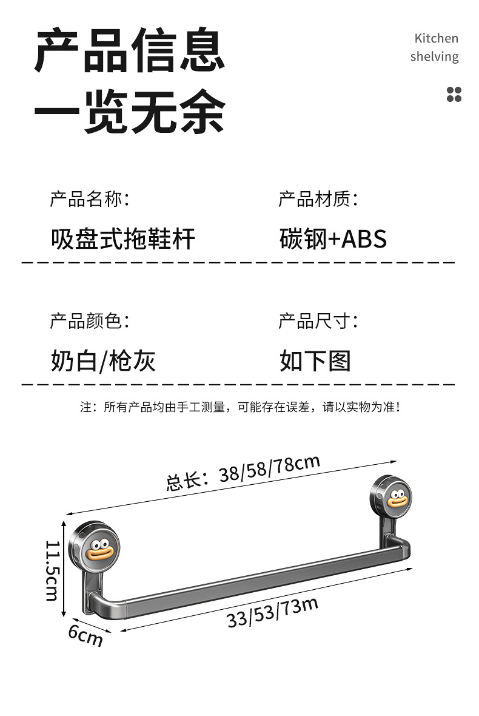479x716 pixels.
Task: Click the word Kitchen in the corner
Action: pyautogui.click(x=436, y=38)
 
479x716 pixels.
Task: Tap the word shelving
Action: pyautogui.click(x=434, y=56)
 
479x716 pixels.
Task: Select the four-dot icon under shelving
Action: pyautogui.click(x=454, y=94)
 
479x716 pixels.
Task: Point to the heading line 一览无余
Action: pyautogui.click(x=129, y=112)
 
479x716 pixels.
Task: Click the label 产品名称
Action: pyautogui.click(x=89, y=198)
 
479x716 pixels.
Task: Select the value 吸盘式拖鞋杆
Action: pyautogui.click(x=123, y=238)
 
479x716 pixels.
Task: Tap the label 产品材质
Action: pyautogui.click(x=317, y=198)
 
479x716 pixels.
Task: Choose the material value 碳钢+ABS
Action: pyautogui.click(x=333, y=238)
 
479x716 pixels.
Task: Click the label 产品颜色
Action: pyautogui.click(x=89, y=320)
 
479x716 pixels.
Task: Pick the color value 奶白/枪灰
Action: pyautogui.click(x=103, y=361)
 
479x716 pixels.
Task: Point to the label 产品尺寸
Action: pyautogui.click(x=317, y=320)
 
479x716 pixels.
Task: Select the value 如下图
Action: pyautogui.click(x=315, y=361)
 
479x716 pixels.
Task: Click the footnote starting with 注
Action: pyautogui.click(x=239, y=407)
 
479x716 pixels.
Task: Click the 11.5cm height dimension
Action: pyautogui.click(x=53, y=570)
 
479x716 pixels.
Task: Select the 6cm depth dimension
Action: pyautogui.click(x=85, y=635)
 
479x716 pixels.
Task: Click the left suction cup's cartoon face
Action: pyautogui.click(x=99, y=549)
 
